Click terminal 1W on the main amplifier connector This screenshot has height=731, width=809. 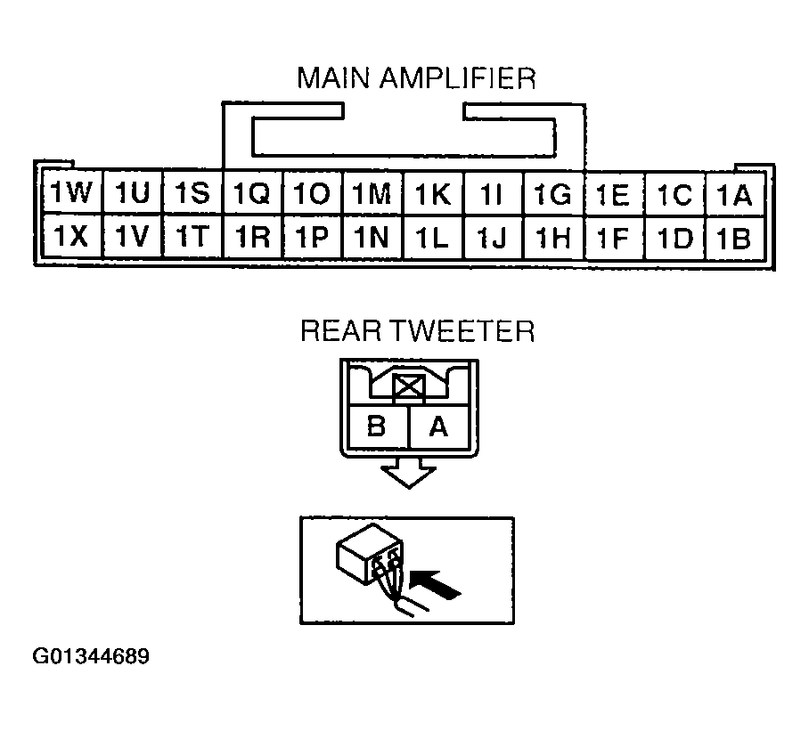[71, 194]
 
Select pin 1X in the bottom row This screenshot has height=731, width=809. [71, 237]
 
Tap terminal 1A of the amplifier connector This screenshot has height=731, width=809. [735, 194]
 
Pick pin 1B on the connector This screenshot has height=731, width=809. [735, 237]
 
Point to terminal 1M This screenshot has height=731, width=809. [372, 194]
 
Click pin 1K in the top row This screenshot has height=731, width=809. [432, 194]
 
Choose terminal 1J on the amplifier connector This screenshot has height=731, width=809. [493, 237]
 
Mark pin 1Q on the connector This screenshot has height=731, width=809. [251, 194]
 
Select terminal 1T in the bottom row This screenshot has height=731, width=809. [192, 237]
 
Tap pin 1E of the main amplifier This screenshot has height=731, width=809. [614, 194]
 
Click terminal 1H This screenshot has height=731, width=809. [553, 237]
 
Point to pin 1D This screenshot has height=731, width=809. [674, 237]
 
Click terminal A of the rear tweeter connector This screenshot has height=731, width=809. [437, 427]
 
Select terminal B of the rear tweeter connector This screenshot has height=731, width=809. [377, 427]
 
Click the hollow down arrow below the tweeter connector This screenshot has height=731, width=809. [407, 475]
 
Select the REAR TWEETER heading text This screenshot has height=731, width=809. [416, 331]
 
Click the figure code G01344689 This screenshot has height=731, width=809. [92, 658]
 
